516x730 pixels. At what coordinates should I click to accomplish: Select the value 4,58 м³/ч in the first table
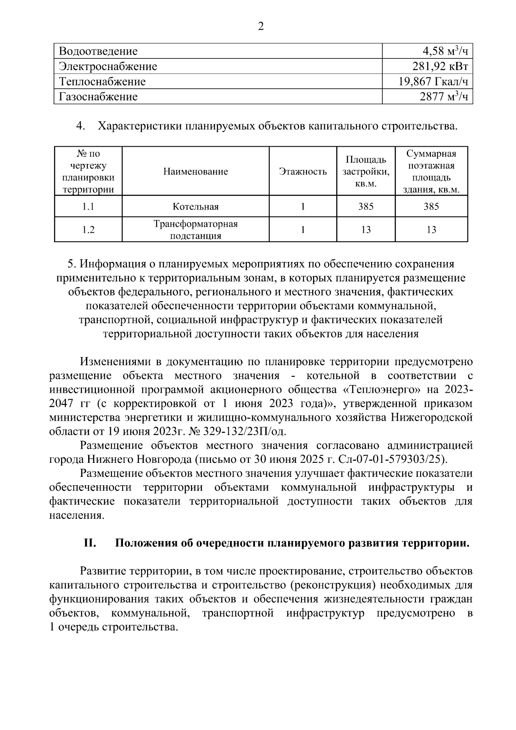click(445, 51)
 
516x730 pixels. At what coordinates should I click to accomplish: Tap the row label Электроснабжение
click(108, 67)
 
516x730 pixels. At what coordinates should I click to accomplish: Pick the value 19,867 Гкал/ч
click(433, 82)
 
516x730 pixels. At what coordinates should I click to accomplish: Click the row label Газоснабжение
click(98, 97)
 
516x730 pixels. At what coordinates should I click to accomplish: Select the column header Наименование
click(196, 172)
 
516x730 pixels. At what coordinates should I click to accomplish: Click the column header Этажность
click(303, 172)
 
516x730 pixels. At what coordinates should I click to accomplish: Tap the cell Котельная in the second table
click(196, 207)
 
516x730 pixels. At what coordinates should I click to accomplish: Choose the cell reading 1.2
click(88, 230)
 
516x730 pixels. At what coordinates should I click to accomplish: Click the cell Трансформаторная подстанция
click(196, 230)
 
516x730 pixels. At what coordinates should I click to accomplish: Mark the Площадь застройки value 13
click(365, 230)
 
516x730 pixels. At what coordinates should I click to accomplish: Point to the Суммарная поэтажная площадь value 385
click(431, 207)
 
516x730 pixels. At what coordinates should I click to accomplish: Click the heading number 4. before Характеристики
click(80, 126)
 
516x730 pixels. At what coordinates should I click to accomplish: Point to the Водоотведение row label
click(98, 52)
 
